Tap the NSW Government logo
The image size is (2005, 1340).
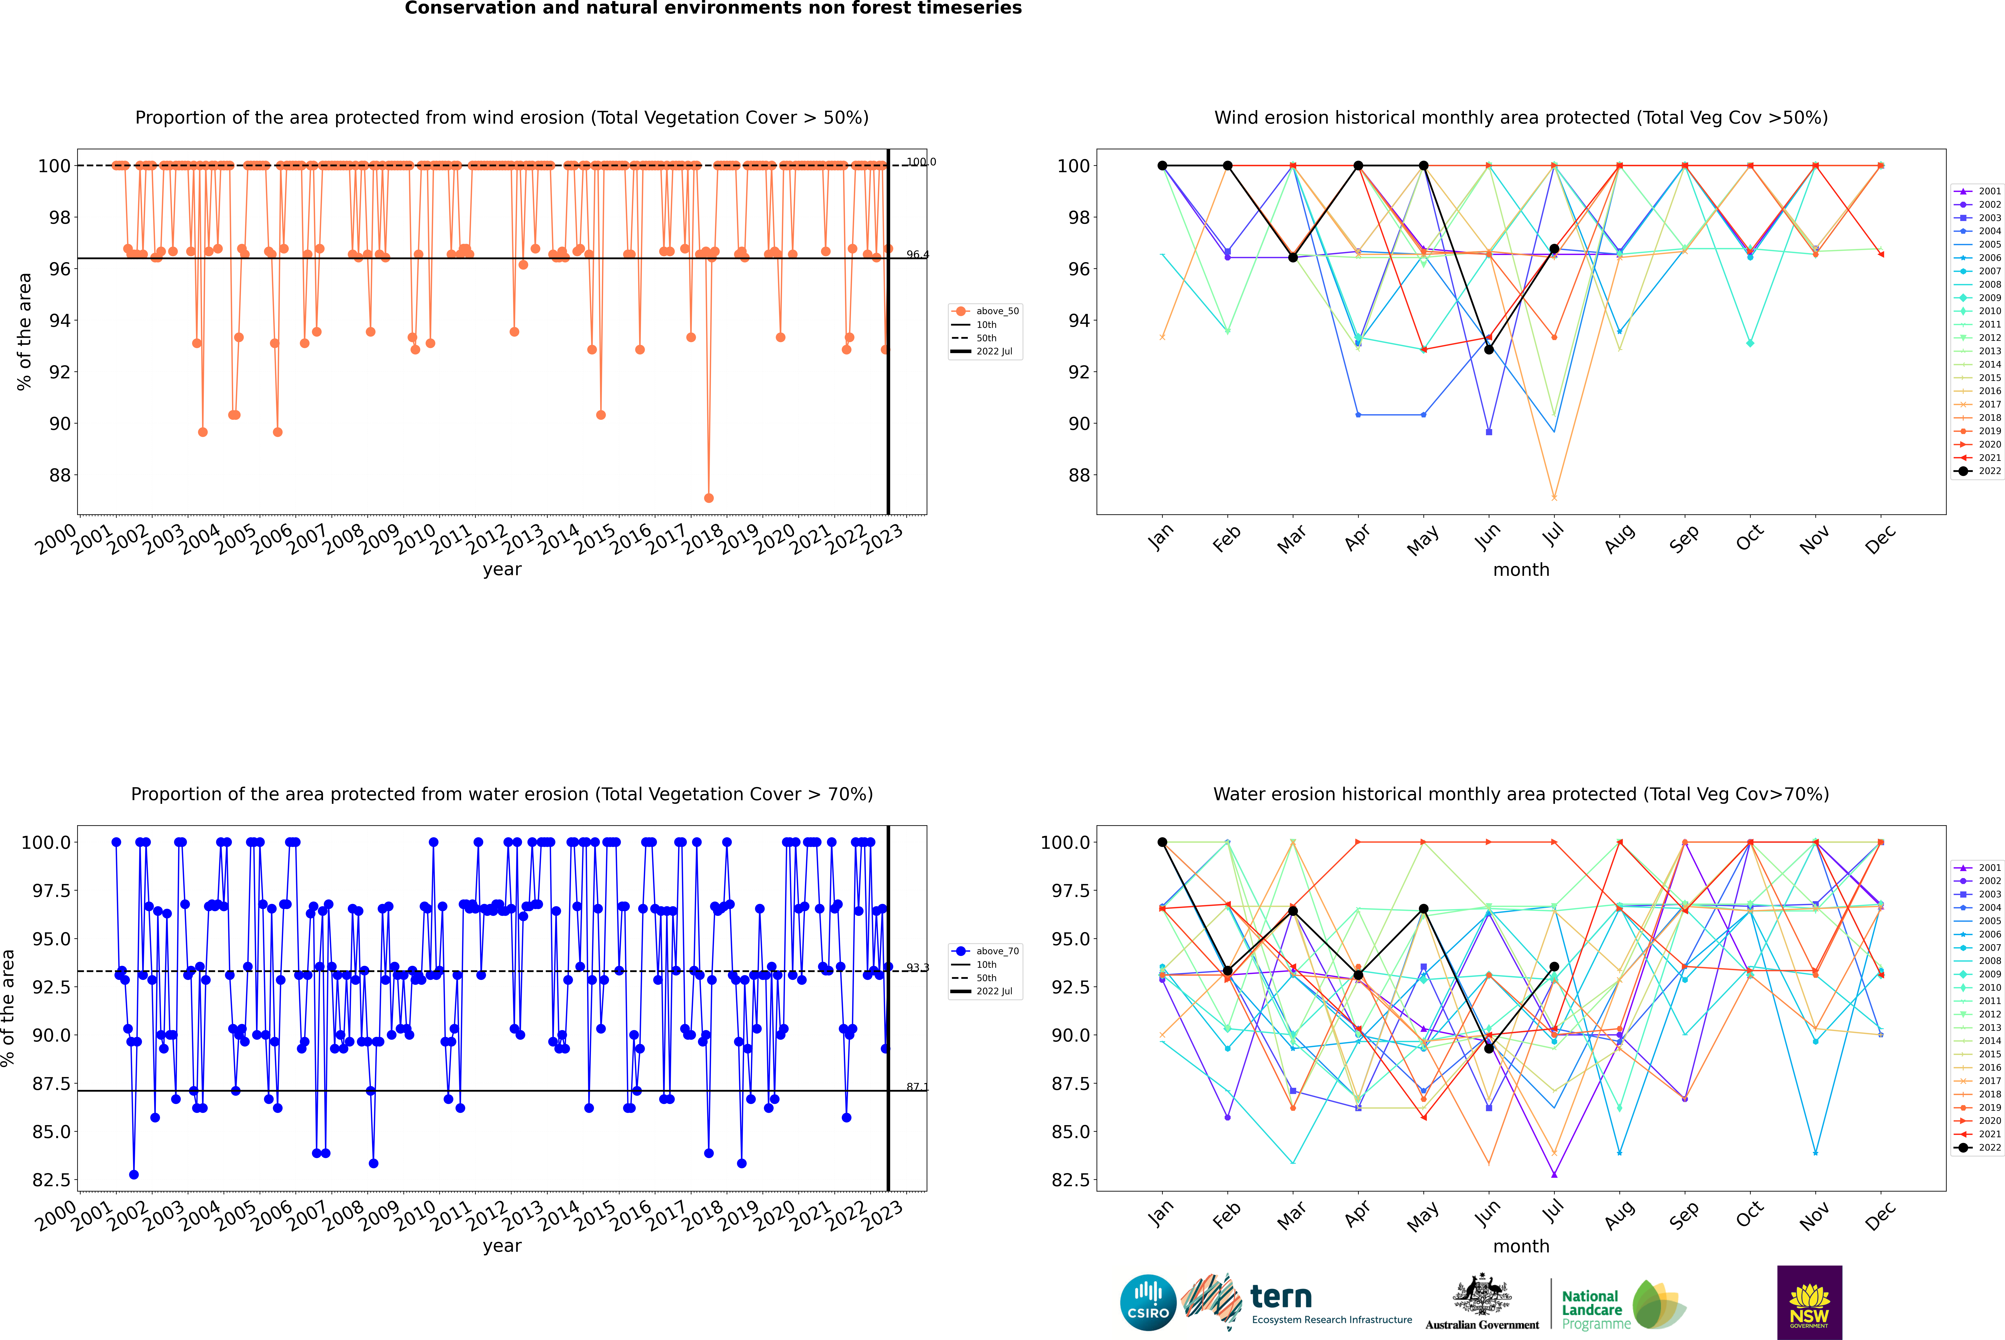(1809, 1302)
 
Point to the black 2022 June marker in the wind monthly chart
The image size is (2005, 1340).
(1489, 350)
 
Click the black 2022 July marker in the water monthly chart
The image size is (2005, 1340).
(1554, 967)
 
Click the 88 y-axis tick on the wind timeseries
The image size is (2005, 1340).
(60, 475)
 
